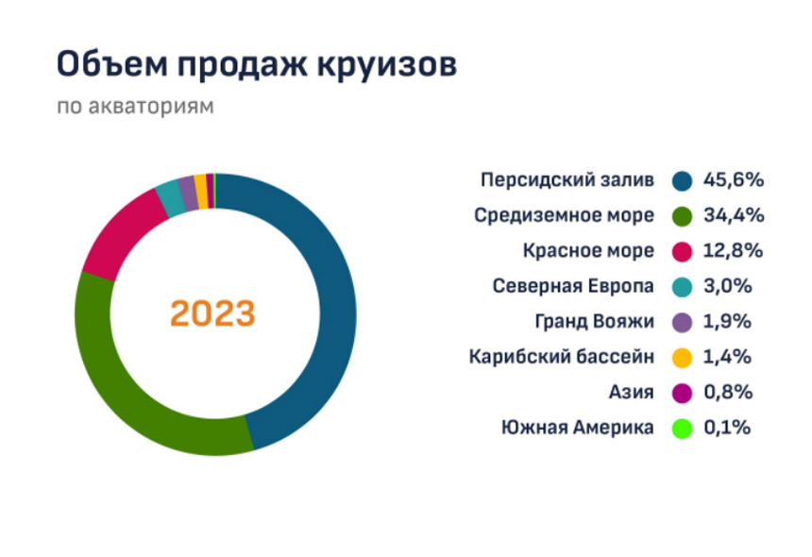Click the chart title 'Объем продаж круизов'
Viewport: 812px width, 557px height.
[x=256, y=66]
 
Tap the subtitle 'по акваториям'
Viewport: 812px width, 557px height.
[x=135, y=107]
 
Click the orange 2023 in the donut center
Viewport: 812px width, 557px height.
[x=212, y=313]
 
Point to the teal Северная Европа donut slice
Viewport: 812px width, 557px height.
[x=170, y=199]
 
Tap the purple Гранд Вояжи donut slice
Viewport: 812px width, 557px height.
[x=189, y=194]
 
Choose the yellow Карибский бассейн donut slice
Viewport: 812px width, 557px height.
[x=201, y=192]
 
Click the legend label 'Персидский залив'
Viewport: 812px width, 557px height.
[x=567, y=180]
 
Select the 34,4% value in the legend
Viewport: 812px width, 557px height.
[x=734, y=215]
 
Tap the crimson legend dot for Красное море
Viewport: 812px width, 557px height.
[x=682, y=251]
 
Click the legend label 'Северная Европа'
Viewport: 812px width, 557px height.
[x=573, y=286]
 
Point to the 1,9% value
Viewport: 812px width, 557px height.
[x=727, y=322]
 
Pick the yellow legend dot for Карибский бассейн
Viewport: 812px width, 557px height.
[x=682, y=358]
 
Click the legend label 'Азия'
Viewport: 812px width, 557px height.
[x=631, y=392]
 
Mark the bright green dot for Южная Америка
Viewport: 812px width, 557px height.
[x=682, y=428]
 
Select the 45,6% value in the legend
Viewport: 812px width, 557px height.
[x=734, y=180]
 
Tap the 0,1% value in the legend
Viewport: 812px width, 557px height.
[x=727, y=428]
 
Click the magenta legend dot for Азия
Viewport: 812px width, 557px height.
[x=682, y=393]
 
